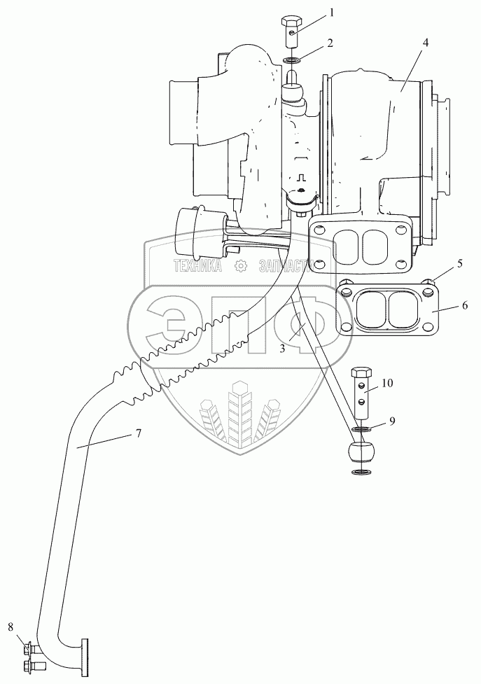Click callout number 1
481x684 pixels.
tap(333, 11)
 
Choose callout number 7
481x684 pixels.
tap(138, 434)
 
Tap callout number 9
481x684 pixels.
tap(392, 421)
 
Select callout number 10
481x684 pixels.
tap(387, 383)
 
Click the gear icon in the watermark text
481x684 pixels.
tap(240, 265)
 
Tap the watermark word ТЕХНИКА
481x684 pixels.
tap(198, 265)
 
